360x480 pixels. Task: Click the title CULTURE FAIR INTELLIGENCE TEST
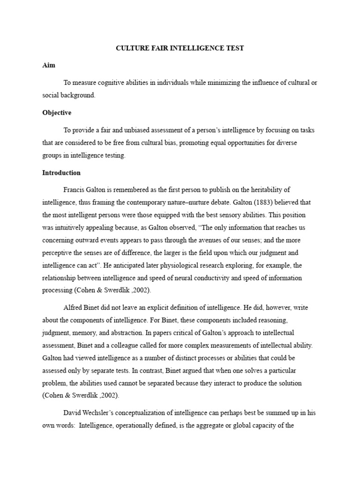pyautogui.click(x=180, y=49)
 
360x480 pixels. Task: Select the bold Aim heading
pyautogui.click(x=48, y=66)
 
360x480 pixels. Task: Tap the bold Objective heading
pyautogui.click(x=57, y=113)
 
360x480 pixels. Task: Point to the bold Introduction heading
pyautogui.click(x=61, y=173)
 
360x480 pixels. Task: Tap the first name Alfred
pyautogui.click(x=73, y=308)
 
